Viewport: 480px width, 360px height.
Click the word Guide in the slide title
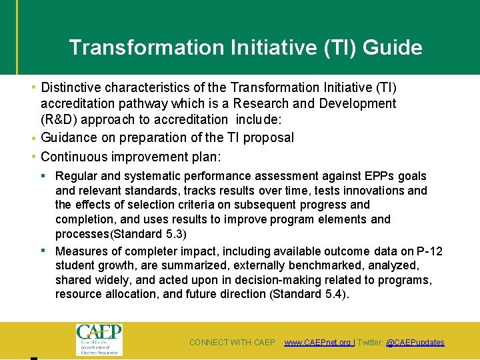tap(393, 48)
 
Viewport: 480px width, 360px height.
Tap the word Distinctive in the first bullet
tap(72, 87)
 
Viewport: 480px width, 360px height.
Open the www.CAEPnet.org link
tap(318, 343)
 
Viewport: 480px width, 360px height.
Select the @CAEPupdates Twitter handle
tap(415, 343)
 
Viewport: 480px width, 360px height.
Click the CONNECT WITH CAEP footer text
tap(232, 343)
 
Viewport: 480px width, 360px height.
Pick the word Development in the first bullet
tap(357, 103)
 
